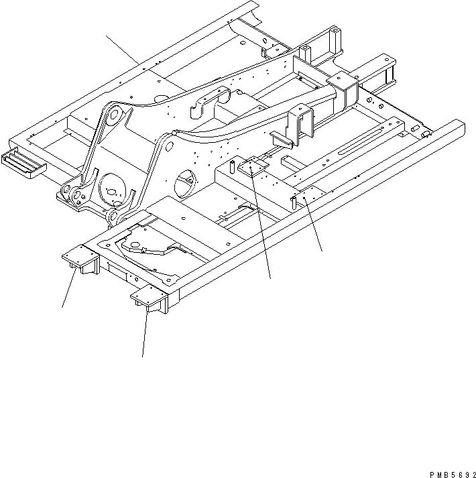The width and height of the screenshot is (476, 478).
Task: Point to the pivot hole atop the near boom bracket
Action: [x=164, y=143]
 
